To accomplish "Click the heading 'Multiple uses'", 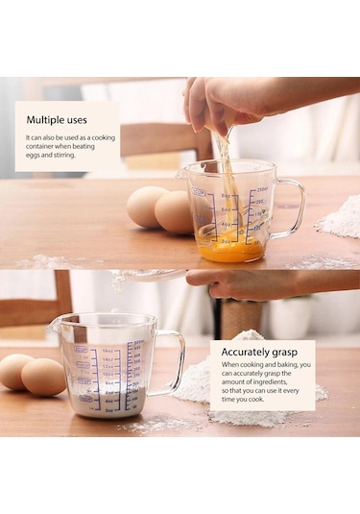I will click(57, 120).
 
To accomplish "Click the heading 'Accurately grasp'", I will click(253, 352).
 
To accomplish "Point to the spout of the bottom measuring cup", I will click(54, 327).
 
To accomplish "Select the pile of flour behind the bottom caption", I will click(192, 384).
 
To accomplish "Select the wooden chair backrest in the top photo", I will click(158, 139).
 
